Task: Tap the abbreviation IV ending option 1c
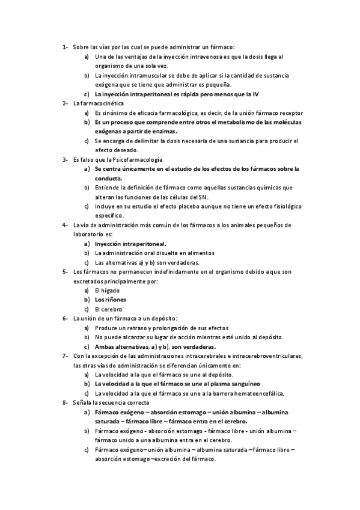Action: (x=255, y=94)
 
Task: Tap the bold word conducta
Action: (x=108, y=178)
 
